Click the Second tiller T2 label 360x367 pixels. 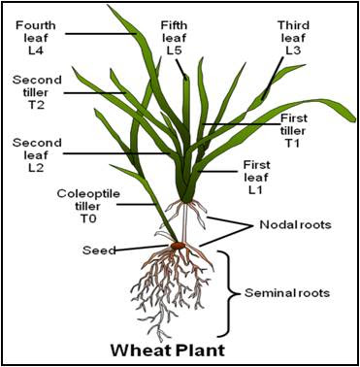pyautogui.click(x=37, y=92)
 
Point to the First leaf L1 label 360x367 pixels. pyautogui.click(x=257, y=177)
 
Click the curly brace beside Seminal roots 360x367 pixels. pyautogui.click(x=231, y=292)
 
